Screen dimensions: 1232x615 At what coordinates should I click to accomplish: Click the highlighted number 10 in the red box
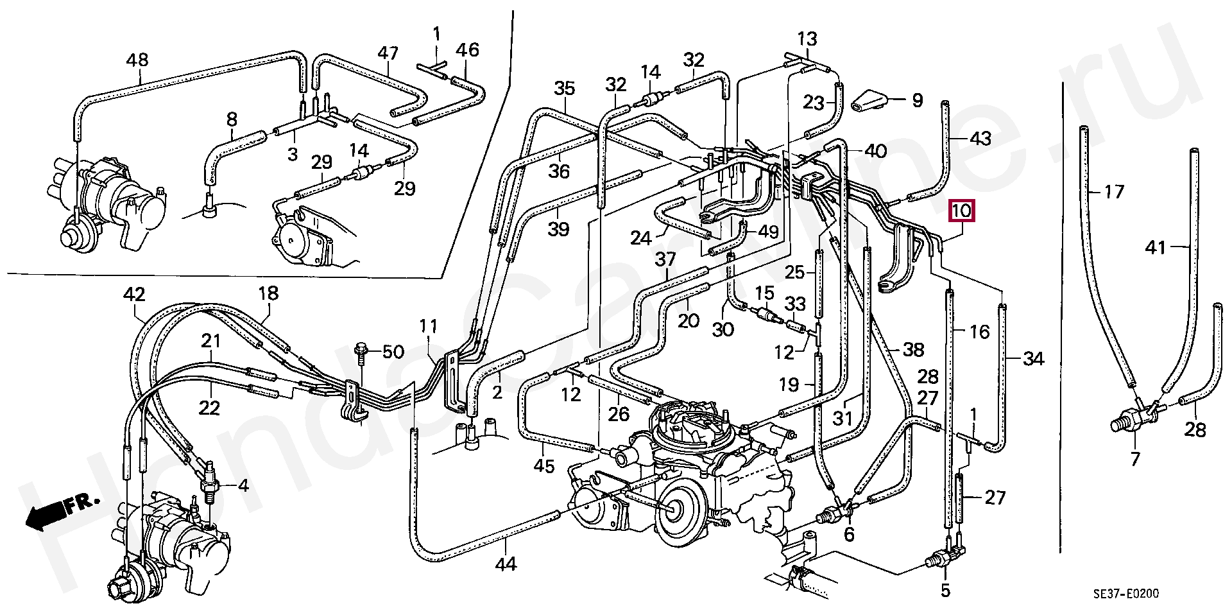(963, 210)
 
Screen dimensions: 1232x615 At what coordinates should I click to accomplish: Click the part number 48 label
(137, 61)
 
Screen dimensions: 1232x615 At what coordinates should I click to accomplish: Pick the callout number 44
(506, 564)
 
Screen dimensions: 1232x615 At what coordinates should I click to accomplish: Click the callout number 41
(1156, 247)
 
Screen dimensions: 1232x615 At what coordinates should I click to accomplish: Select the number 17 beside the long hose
(1114, 192)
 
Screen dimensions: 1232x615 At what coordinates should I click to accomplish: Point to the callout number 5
(945, 589)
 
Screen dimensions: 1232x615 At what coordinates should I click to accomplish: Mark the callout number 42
(134, 295)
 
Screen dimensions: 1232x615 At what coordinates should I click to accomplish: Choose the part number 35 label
(565, 88)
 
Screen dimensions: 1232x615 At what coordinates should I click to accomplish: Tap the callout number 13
(807, 39)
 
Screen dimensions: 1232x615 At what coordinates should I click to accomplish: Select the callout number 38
(912, 350)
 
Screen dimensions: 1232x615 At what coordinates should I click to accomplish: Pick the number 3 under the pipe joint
(292, 155)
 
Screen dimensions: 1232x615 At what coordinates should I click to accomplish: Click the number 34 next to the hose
(1033, 359)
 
